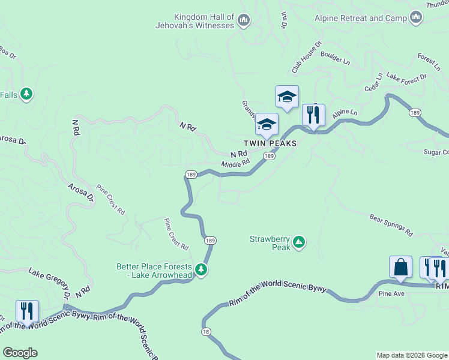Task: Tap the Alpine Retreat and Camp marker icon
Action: tap(415, 19)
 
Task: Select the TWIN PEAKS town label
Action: tap(270, 144)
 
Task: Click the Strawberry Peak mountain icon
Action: tap(298, 243)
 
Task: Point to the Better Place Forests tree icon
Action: tap(201, 270)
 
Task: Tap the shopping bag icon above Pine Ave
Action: tap(400, 266)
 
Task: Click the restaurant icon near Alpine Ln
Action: tap(313, 114)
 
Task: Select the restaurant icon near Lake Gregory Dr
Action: tap(27, 311)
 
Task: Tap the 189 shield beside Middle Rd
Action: tap(270, 156)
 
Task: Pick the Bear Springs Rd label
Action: tap(391, 224)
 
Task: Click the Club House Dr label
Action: tap(307, 57)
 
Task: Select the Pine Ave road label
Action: tap(391, 294)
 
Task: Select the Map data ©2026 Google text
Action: tap(412, 355)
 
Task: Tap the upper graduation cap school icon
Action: tap(287, 97)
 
